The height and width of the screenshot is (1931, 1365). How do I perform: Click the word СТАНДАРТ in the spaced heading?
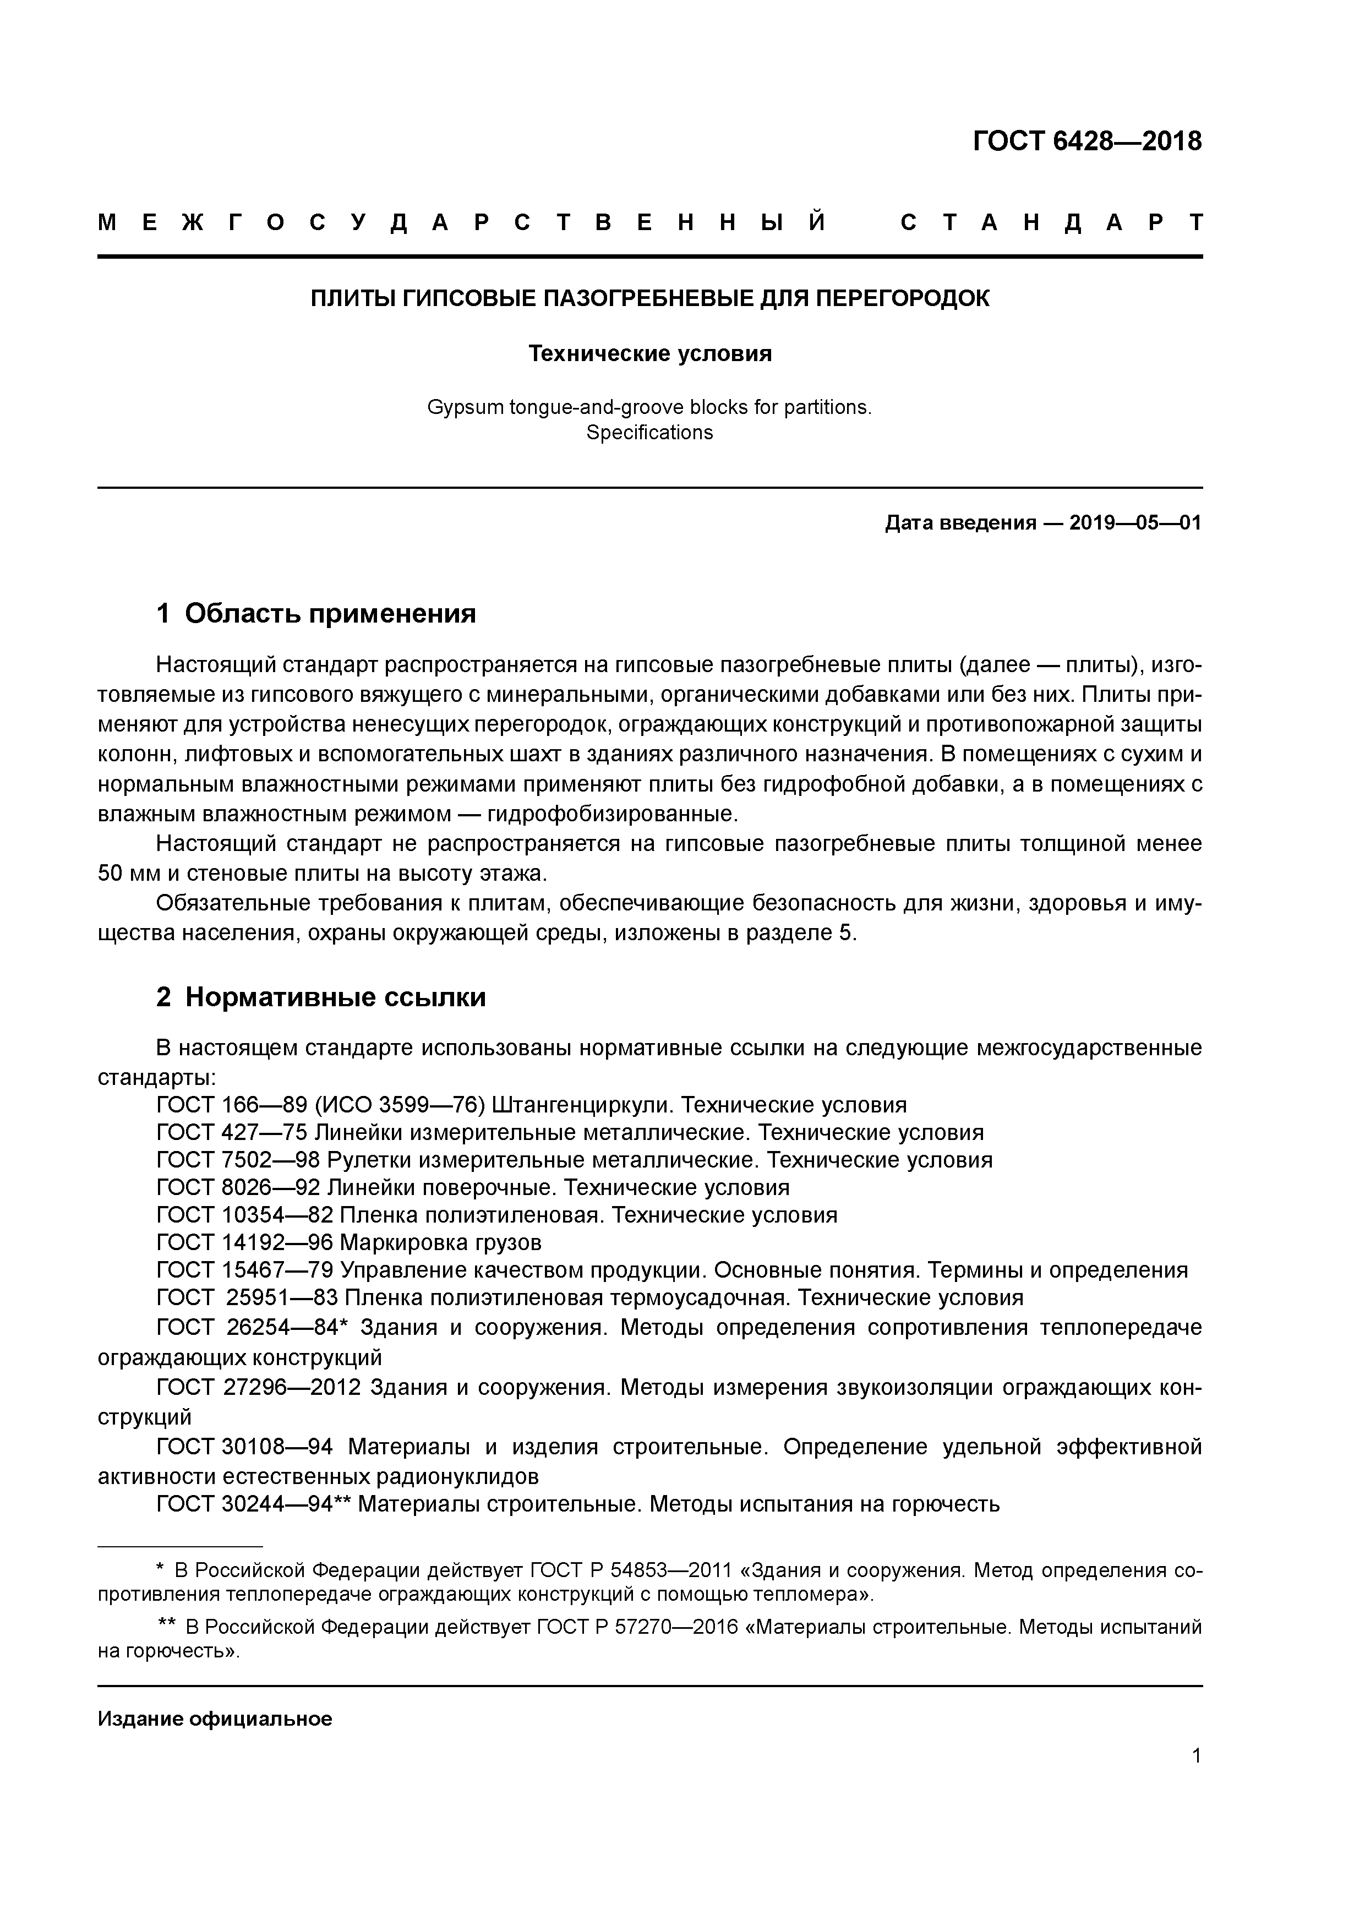pyautogui.click(x=1051, y=223)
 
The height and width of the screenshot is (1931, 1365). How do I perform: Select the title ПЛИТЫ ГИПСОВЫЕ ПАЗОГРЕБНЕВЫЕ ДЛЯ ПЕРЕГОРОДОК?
pyautogui.click(x=650, y=298)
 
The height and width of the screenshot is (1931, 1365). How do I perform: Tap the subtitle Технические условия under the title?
pyautogui.click(x=650, y=354)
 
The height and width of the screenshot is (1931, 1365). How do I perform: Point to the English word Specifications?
pyautogui.click(x=649, y=433)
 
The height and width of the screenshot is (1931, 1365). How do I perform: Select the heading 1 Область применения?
pyautogui.click(x=316, y=614)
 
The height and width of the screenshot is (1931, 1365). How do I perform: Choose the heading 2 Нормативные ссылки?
pyautogui.click(x=321, y=997)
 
